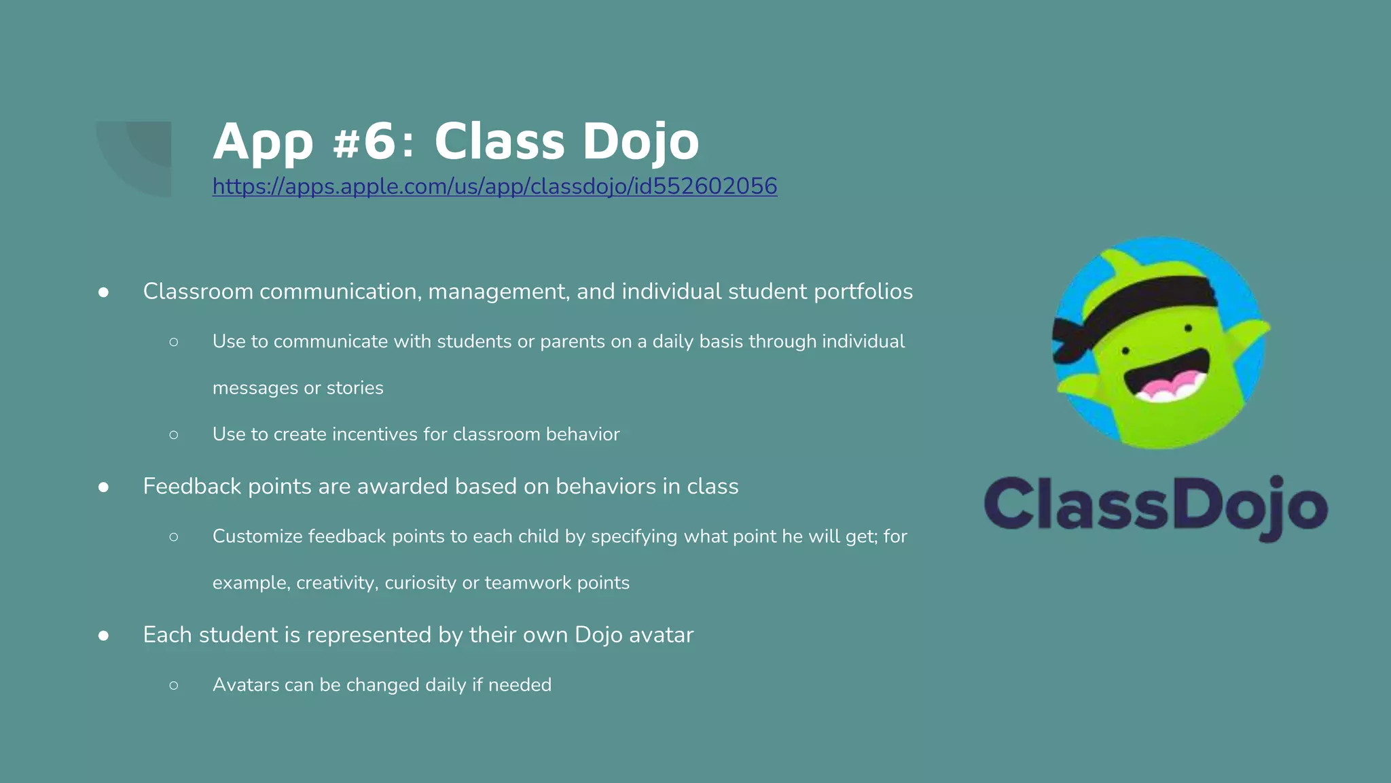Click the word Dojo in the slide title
(x=640, y=141)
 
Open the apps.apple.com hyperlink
(x=494, y=186)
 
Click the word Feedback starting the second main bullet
(x=192, y=487)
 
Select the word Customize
(x=257, y=536)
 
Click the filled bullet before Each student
(x=103, y=636)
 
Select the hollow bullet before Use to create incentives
(x=174, y=434)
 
